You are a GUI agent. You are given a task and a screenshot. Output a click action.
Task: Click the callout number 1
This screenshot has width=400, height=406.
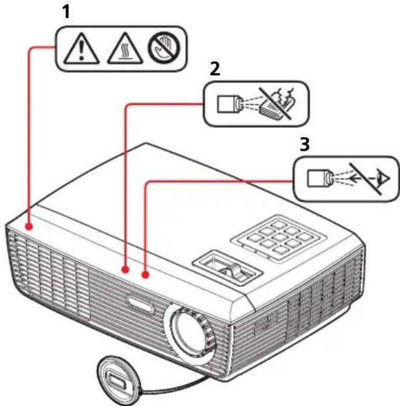pos(67,13)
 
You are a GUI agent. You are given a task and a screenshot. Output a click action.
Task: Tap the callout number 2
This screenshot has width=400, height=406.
pos(215,69)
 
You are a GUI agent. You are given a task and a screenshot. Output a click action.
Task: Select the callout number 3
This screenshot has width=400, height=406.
pos(305,144)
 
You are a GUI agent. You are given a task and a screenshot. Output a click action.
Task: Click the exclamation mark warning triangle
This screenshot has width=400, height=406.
pos(82,48)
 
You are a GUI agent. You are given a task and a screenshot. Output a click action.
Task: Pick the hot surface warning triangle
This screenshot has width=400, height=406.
pos(125,48)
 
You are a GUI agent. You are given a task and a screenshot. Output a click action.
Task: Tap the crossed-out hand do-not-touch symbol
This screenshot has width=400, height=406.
pos(164,48)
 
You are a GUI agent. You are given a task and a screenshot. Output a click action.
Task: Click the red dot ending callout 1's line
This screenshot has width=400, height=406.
pos(29,226)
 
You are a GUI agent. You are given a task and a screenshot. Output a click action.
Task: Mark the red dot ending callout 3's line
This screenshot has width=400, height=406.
pos(145,274)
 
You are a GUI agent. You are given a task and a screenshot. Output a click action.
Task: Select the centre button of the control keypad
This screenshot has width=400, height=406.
pos(279,236)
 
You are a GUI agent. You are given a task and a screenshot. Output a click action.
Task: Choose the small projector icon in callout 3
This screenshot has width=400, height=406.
pos(320,178)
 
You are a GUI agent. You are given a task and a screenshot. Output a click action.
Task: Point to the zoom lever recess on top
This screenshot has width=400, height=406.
pos(228,268)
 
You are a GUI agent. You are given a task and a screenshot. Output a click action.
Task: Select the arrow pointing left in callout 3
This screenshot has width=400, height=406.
pos(362,178)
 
